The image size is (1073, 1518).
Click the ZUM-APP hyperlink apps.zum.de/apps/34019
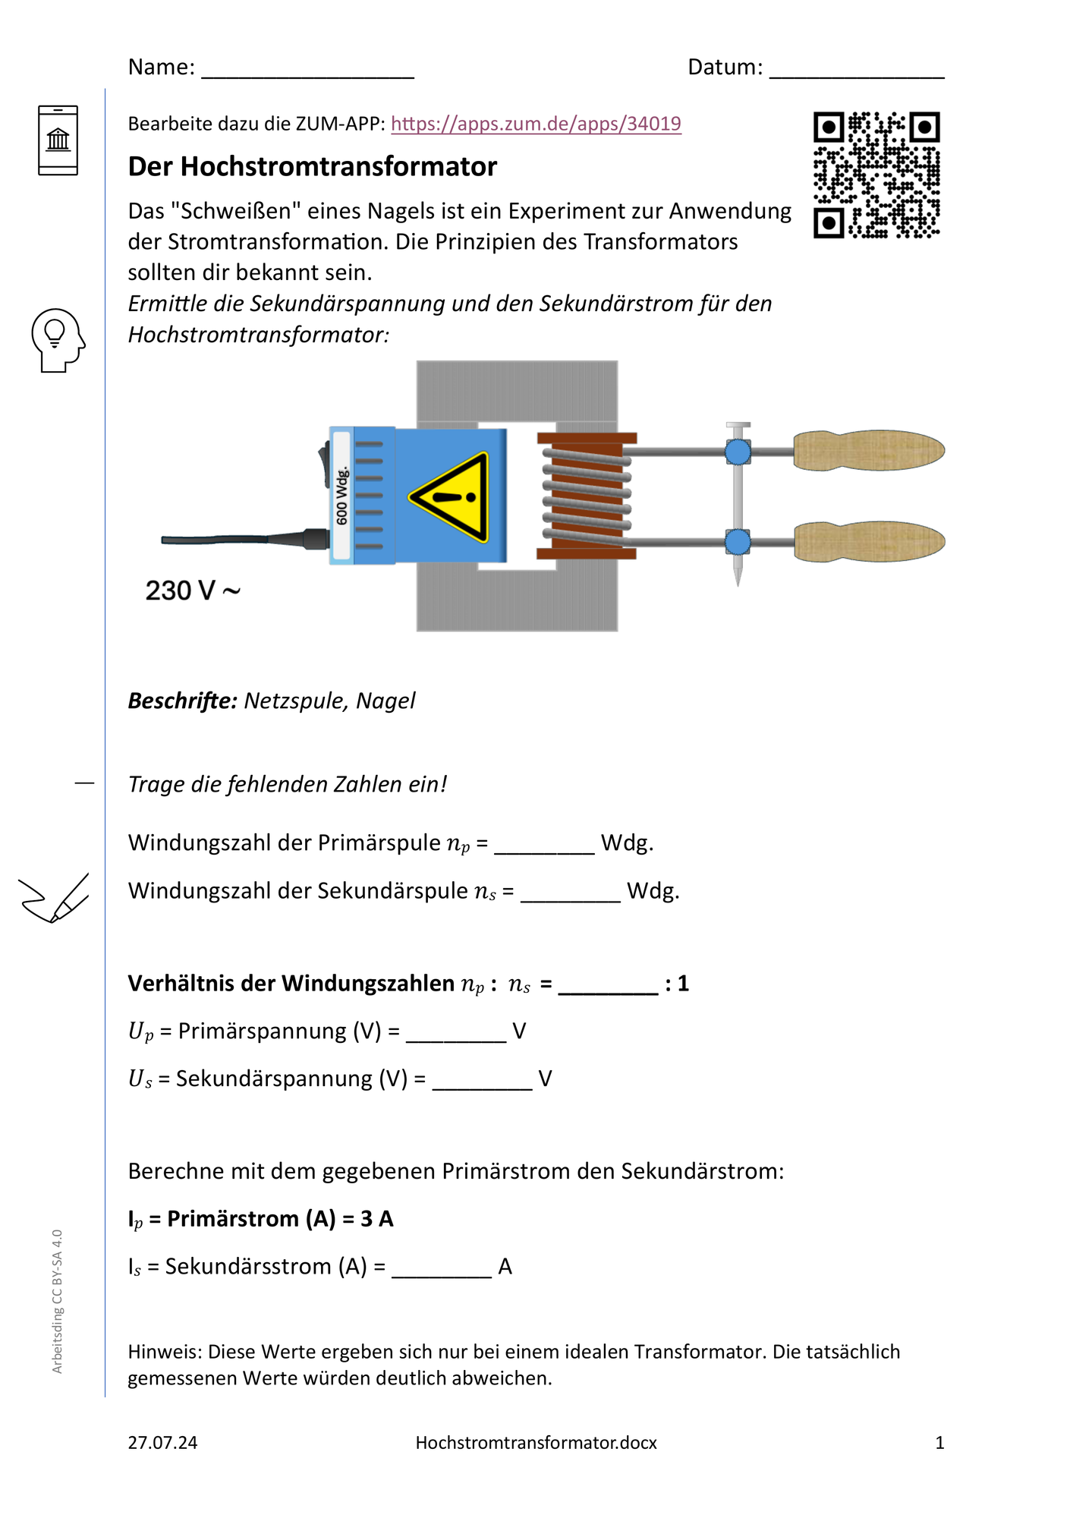pos(536,124)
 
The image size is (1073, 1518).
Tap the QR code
pos(876,175)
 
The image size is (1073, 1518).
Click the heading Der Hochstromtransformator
pos(312,166)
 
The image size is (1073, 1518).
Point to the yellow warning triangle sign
pos(450,497)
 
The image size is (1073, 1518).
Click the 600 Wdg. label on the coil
pos(341,496)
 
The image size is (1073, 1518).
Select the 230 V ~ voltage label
pos(193,591)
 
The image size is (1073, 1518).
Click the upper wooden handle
pos(869,450)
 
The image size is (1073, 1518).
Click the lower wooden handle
pos(869,541)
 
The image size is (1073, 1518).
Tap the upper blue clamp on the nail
pos(738,452)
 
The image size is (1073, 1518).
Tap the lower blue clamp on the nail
pos(738,542)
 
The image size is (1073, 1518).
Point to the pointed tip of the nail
pos(738,585)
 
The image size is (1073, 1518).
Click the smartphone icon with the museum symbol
pos(58,140)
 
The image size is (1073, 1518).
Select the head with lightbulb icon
pos(58,340)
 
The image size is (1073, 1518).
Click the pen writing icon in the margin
pos(54,898)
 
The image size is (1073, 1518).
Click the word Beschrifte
pos(183,701)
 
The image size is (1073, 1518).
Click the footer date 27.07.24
pos(162,1443)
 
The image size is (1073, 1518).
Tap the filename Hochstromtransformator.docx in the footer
pos(536,1443)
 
